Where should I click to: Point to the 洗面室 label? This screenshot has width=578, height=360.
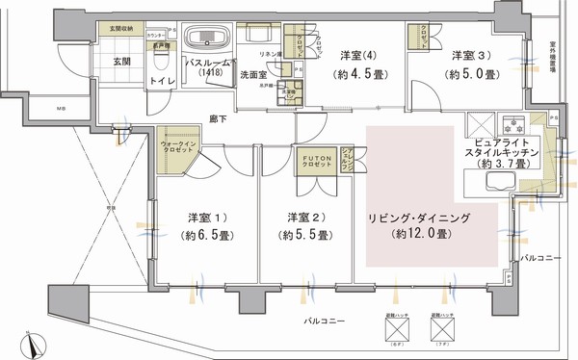[254, 73]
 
